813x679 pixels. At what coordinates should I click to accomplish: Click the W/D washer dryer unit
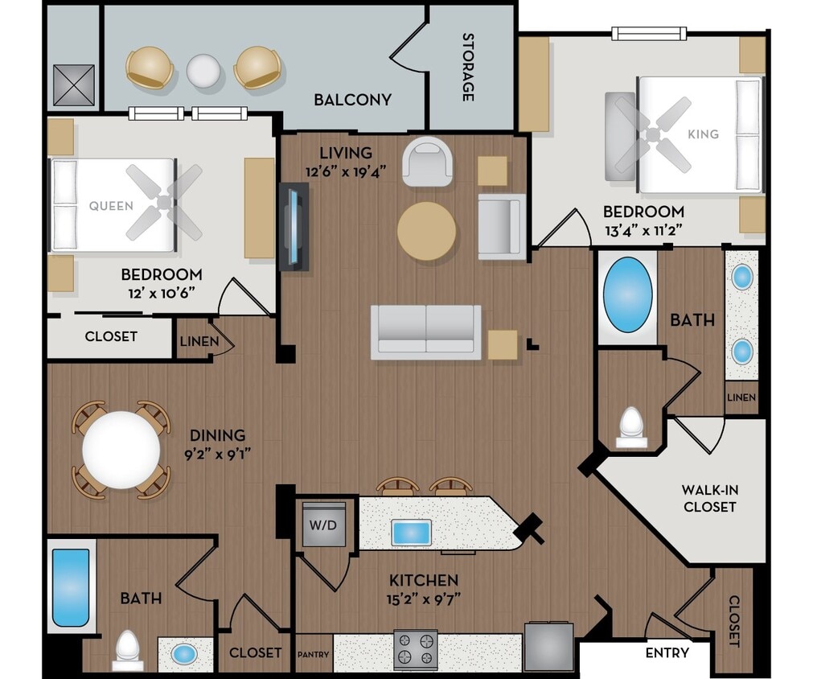pyautogui.click(x=324, y=524)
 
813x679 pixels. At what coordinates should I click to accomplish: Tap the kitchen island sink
pyautogui.click(x=411, y=532)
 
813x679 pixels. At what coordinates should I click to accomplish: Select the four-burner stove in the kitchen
pyautogui.click(x=415, y=649)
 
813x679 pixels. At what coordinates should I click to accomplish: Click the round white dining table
pyautogui.click(x=121, y=449)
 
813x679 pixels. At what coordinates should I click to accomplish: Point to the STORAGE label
pyautogui.click(x=467, y=67)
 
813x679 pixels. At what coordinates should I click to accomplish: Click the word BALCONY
pyautogui.click(x=352, y=100)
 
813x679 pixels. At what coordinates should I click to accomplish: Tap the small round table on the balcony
pyautogui.click(x=203, y=71)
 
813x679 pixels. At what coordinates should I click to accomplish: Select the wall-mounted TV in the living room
pyautogui.click(x=295, y=225)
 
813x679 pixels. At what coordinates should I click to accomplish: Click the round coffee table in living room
pyautogui.click(x=426, y=231)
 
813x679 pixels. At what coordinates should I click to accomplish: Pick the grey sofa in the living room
pyautogui.click(x=425, y=331)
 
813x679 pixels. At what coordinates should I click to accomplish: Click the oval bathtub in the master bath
pyautogui.click(x=627, y=295)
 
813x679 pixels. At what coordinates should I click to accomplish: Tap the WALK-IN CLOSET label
pyautogui.click(x=708, y=498)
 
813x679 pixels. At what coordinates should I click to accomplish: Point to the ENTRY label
pyautogui.click(x=667, y=652)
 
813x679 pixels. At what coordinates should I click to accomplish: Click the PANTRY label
pyautogui.click(x=314, y=654)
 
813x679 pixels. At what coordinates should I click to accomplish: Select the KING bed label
pyautogui.click(x=703, y=134)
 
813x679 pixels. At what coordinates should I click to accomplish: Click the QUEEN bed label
pyautogui.click(x=111, y=206)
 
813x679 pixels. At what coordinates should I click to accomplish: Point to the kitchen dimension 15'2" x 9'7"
pyautogui.click(x=424, y=598)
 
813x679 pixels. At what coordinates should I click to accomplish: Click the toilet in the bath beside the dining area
pyautogui.click(x=127, y=648)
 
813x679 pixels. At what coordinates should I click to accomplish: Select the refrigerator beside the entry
pyautogui.click(x=549, y=646)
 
